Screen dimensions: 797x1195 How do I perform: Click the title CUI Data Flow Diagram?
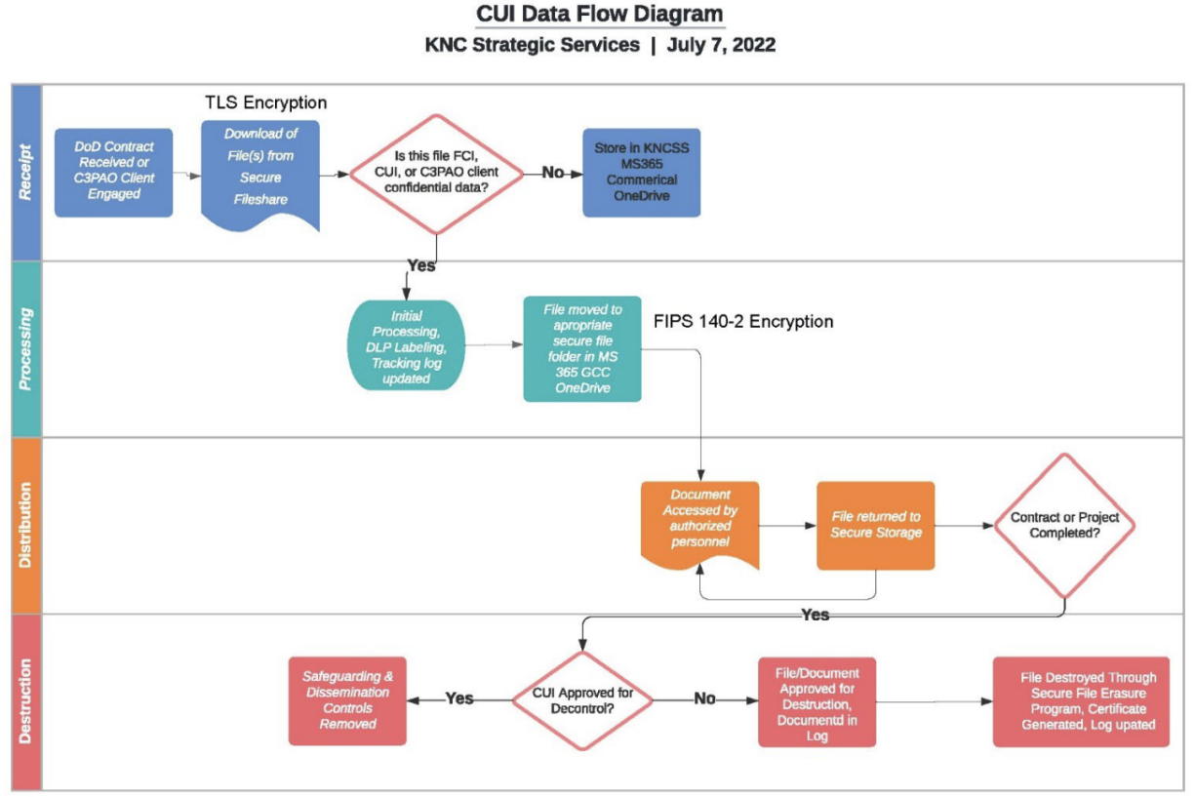(x=599, y=15)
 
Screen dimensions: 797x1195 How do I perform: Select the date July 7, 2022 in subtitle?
(x=721, y=45)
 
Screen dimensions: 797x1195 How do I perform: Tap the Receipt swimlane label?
(x=26, y=172)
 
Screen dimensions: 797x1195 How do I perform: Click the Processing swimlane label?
(x=26, y=348)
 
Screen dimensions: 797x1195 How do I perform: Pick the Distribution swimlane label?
(x=26, y=525)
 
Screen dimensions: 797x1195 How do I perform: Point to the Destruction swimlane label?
(x=26, y=701)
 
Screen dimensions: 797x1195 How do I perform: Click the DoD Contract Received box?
(x=113, y=173)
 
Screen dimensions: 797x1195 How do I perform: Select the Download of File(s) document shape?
(x=259, y=172)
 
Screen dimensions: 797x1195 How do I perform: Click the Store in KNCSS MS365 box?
(x=641, y=172)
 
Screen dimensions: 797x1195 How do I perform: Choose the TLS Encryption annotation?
(x=265, y=102)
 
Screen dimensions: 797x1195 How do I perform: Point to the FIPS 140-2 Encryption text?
(x=744, y=321)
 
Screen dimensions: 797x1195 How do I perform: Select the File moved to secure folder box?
(x=581, y=348)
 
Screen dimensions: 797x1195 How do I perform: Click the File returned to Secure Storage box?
(x=875, y=525)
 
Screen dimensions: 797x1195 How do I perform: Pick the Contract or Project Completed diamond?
(x=1064, y=526)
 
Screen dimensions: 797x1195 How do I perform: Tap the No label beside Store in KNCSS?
(x=553, y=172)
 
